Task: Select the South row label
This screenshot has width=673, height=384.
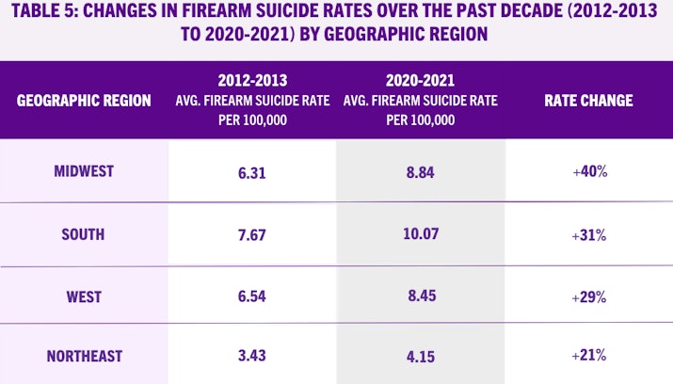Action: pyautogui.click(x=84, y=233)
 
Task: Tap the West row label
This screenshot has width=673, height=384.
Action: pyautogui.click(x=84, y=296)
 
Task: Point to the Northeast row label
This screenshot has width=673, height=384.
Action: pyautogui.click(x=84, y=356)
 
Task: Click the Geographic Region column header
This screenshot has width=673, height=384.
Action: pyautogui.click(x=84, y=101)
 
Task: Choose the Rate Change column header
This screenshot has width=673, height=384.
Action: pyautogui.click(x=588, y=101)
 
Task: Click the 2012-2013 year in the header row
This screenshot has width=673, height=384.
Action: pyautogui.click(x=251, y=79)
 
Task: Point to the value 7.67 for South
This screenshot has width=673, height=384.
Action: pyautogui.click(x=251, y=233)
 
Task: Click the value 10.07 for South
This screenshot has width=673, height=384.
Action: pyautogui.click(x=420, y=233)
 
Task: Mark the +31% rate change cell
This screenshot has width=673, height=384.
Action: pyautogui.click(x=588, y=233)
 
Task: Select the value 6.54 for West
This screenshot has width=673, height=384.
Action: pyautogui.click(x=251, y=296)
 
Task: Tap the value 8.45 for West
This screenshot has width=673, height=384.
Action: pyautogui.click(x=420, y=296)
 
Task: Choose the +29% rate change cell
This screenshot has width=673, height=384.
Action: pyautogui.click(x=588, y=296)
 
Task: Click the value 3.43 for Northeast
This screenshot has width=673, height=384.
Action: pyautogui.click(x=251, y=356)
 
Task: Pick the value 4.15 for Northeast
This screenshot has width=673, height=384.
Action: pyautogui.click(x=420, y=356)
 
